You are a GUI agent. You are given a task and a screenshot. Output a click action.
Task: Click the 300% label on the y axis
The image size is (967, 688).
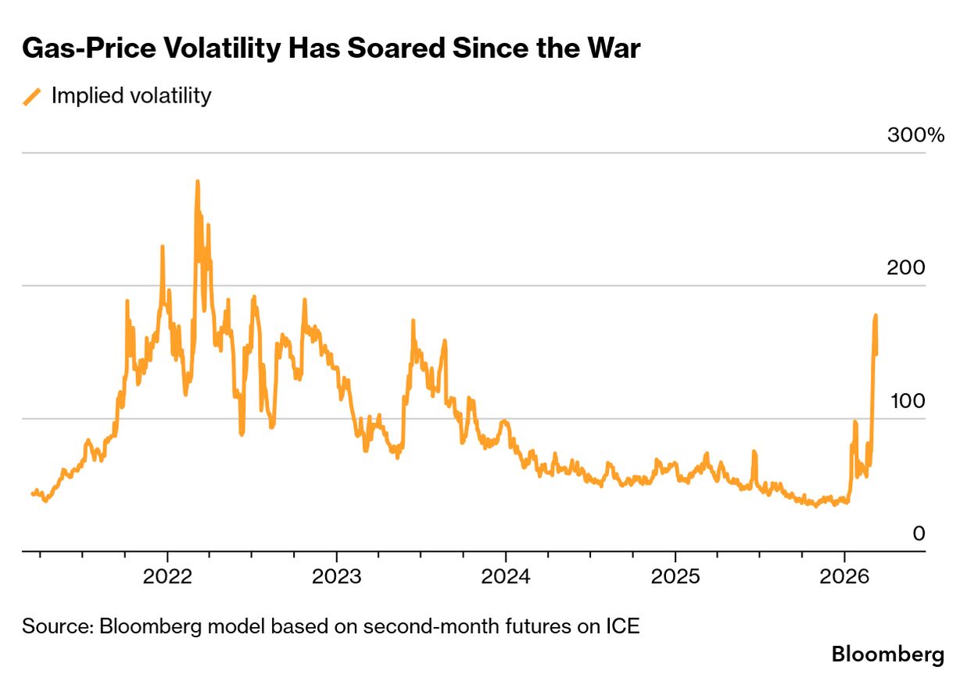pyautogui.click(x=915, y=135)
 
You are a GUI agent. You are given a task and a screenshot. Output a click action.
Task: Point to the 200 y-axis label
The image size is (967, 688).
pyautogui.click(x=906, y=268)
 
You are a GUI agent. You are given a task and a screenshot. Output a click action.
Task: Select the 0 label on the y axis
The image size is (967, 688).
pyautogui.click(x=919, y=534)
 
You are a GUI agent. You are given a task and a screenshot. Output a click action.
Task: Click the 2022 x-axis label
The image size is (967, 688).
pyautogui.click(x=167, y=578)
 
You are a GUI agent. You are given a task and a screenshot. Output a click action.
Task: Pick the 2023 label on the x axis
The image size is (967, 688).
pyautogui.click(x=336, y=578)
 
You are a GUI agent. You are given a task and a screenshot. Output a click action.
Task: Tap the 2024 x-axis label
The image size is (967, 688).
pyautogui.click(x=506, y=578)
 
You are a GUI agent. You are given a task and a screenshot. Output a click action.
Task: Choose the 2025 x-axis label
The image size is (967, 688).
pyautogui.click(x=675, y=578)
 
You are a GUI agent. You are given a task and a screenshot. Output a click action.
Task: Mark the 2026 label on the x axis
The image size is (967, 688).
pyautogui.click(x=844, y=578)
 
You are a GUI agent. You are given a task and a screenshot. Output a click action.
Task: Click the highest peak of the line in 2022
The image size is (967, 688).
pyautogui.click(x=197, y=182)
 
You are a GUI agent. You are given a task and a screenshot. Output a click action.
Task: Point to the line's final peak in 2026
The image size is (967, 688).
pyautogui.click(x=876, y=316)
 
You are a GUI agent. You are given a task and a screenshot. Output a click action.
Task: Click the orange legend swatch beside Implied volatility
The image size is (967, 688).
pyautogui.click(x=32, y=96)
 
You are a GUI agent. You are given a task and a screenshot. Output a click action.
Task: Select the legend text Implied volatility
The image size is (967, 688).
pyautogui.click(x=131, y=96)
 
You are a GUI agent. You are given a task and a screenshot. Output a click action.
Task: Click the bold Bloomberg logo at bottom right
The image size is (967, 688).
pyautogui.click(x=887, y=654)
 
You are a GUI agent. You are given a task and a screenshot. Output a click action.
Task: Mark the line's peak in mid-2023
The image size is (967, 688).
pyautogui.click(x=413, y=321)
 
